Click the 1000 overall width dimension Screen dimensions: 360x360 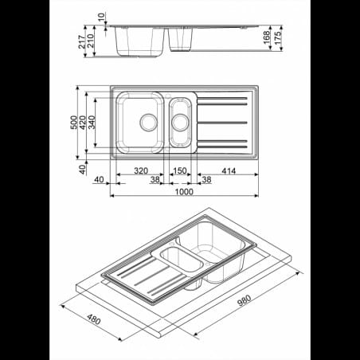[184, 192]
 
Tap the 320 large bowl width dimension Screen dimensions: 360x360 [141, 170]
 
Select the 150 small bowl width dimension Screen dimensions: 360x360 [180, 170]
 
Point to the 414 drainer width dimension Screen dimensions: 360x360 [229, 171]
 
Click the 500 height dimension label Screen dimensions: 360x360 [74, 122]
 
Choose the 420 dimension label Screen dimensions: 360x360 [83, 123]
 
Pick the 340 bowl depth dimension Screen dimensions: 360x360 [92, 122]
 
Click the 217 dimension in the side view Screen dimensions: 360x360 [82, 42]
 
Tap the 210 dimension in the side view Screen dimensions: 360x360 [90, 41]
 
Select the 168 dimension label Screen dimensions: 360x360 [267, 37]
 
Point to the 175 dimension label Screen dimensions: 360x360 [277, 38]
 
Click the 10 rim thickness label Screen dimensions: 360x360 [101, 17]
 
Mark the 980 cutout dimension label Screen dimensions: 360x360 [244, 300]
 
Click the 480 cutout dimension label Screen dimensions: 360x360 [94, 319]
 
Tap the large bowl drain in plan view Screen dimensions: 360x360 [149, 123]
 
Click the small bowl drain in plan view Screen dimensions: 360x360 [180, 123]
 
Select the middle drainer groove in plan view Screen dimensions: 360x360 [222, 123]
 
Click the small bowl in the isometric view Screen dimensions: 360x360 [180, 260]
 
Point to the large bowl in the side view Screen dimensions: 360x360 [140, 41]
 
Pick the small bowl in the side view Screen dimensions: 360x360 [180, 39]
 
